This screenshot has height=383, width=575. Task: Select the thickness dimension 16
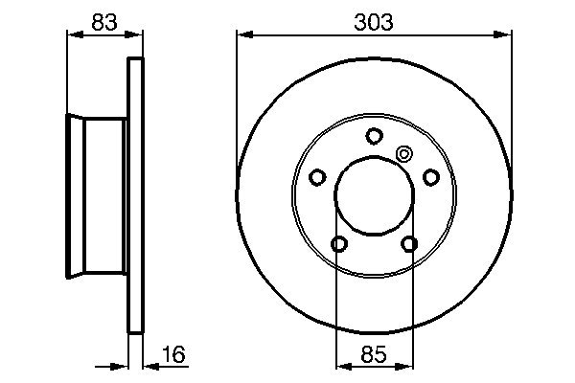172,356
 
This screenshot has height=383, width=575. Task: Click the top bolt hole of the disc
374,135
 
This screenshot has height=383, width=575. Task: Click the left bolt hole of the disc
318,176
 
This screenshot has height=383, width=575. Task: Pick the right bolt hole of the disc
430,176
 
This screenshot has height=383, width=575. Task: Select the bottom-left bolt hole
339,244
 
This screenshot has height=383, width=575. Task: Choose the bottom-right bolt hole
409,244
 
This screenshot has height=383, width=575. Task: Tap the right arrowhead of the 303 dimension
505,35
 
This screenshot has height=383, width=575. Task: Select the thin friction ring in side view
136,196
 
